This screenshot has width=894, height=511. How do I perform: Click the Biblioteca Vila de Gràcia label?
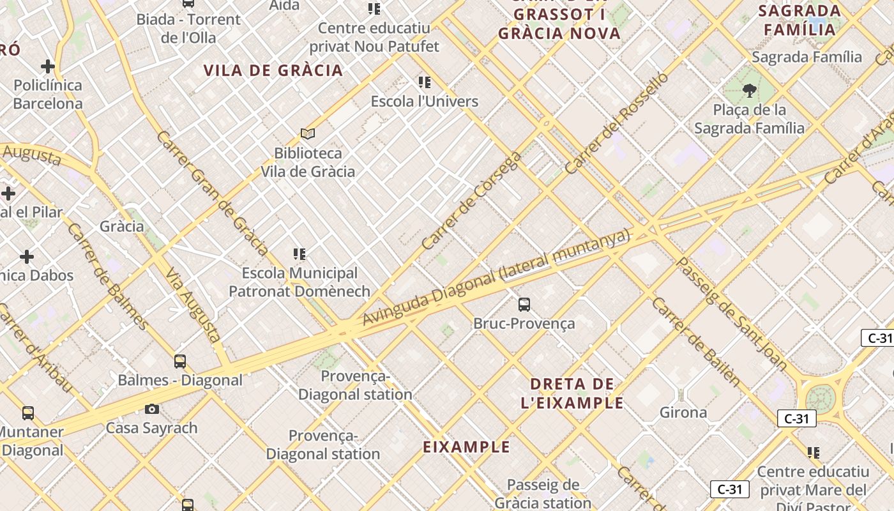308,162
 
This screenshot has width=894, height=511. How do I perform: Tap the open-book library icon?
308,133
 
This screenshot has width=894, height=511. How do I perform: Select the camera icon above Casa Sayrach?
152,409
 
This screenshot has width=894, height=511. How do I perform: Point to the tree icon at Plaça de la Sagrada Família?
750,91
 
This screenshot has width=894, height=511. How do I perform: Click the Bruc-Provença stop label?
524,323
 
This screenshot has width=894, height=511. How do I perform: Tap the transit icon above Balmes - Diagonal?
180,362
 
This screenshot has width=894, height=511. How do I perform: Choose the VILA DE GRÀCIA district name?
273,70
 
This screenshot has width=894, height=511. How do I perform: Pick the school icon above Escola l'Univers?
425,82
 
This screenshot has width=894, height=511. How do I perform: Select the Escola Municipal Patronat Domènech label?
299,282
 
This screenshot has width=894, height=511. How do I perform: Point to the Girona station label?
683,412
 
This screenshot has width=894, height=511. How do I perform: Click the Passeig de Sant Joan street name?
731,314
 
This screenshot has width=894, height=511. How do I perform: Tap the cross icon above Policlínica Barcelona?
48,66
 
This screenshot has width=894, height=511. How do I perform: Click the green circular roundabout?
820,399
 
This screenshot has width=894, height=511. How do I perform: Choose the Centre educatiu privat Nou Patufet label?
374,37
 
